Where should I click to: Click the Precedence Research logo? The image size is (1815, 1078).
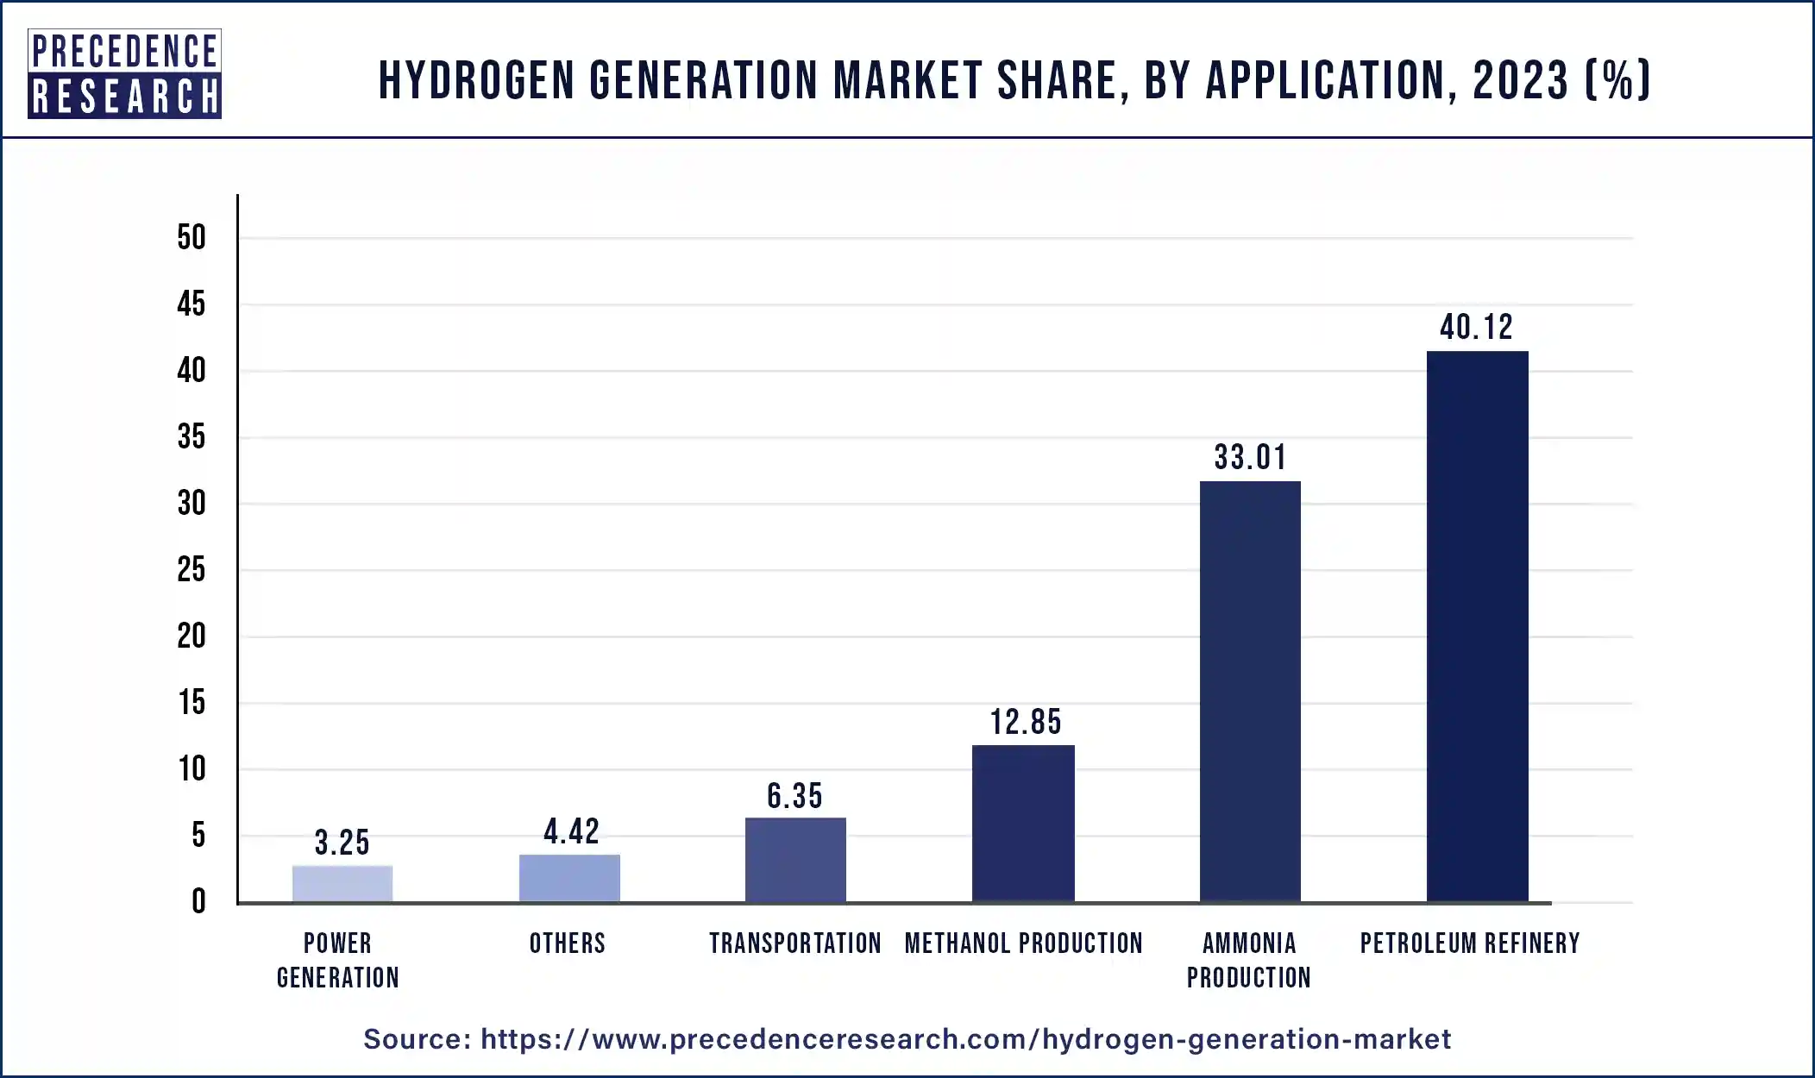click(124, 74)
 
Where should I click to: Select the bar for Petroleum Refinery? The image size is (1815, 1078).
click(1477, 627)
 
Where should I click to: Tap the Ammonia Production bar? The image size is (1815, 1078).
click(1250, 692)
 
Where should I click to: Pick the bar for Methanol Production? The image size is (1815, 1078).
click(1023, 824)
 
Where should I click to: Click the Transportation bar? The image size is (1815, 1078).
click(795, 860)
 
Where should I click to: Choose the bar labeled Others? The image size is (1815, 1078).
click(569, 878)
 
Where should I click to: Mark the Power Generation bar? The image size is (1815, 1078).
click(342, 884)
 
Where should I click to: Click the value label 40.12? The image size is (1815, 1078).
click(1476, 328)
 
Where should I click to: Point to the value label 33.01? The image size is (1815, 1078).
click(1250, 458)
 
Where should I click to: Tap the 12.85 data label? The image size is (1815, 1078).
click(1025, 723)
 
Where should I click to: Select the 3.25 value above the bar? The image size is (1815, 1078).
click(342, 843)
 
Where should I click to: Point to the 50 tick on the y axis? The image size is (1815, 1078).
click(192, 237)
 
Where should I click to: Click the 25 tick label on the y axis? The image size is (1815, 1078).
click(192, 569)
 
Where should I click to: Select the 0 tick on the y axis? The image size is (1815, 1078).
click(198, 901)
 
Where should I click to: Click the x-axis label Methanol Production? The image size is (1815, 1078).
click(1023, 943)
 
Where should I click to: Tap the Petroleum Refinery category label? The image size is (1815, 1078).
click(1470, 943)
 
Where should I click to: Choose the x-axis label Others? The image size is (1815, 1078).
click(568, 943)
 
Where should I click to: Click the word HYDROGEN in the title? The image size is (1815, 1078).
click(476, 80)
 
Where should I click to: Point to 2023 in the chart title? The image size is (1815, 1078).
click(1520, 80)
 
